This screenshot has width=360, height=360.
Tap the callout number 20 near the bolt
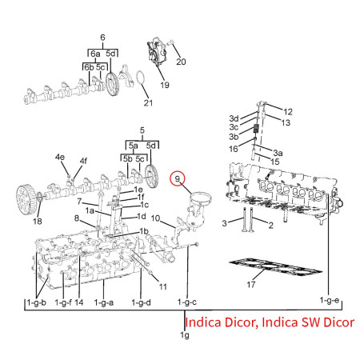180,62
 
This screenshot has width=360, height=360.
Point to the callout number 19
164,84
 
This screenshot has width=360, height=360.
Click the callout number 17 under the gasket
251,284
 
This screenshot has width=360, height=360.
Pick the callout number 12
288,110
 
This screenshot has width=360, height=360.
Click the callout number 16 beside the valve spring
234,149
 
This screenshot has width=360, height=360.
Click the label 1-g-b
36,303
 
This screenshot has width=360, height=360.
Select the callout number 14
78,303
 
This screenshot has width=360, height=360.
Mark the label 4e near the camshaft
60,157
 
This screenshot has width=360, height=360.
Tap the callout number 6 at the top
102,38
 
